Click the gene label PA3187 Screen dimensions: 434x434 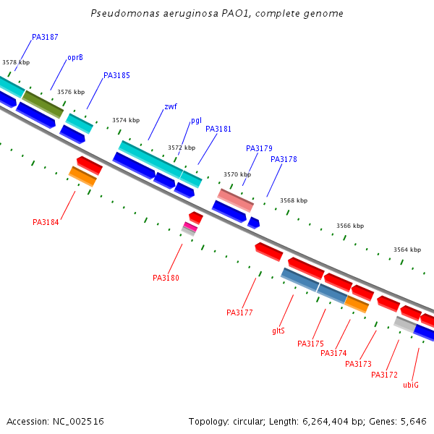point(45,37)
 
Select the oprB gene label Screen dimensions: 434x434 point(75,57)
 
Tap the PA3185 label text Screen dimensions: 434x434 point(116,75)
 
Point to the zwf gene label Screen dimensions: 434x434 point(171,106)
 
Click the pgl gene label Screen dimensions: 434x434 point(196,120)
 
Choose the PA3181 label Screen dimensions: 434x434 point(218,129)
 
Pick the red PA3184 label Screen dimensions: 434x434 point(46,222)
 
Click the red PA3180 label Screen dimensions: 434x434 point(166,278)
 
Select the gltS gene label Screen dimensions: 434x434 point(278,331)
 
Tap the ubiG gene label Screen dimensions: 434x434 point(411,385)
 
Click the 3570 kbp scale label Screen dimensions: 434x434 point(237,174)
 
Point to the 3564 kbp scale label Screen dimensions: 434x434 point(407,250)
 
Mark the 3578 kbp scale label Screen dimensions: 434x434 point(16,62)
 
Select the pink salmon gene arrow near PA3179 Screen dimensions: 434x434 point(236,200)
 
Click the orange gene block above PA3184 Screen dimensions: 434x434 point(82,176)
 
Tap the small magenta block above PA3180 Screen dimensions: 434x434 point(190,227)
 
